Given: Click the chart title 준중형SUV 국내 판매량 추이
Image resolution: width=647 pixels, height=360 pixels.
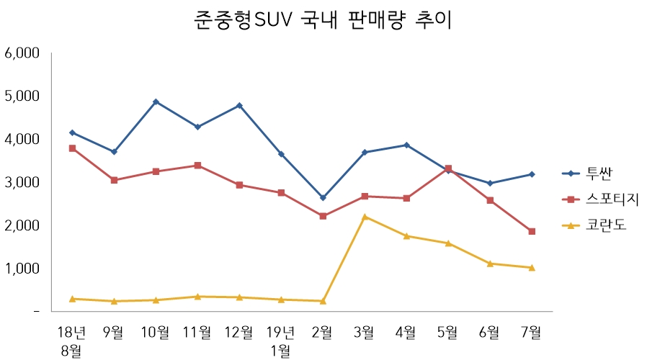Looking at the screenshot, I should click(x=323, y=19).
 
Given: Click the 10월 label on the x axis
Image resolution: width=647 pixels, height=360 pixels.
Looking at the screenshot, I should click(x=156, y=332).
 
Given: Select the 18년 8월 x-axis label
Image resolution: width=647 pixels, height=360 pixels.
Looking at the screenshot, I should click(x=72, y=341).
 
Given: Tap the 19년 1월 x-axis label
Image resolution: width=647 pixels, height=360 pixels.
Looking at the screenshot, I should click(x=281, y=341).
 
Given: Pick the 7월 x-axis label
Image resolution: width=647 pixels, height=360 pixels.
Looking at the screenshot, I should click(x=532, y=332).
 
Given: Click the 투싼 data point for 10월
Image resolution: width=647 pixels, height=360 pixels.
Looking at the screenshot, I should click(x=156, y=102).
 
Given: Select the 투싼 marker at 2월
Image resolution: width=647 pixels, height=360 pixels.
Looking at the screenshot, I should click(x=323, y=197).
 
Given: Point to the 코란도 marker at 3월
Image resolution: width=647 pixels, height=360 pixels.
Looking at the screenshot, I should click(x=365, y=217).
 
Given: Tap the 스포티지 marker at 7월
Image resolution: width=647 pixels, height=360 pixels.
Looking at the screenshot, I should click(x=532, y=231).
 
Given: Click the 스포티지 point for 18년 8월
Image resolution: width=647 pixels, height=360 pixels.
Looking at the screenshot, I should click(x=72, y=148).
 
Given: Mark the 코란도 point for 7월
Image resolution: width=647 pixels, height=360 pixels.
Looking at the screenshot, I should click(x=532, y=268).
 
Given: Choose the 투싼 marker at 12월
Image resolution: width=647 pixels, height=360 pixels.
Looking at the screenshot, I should click(x=239, y=106).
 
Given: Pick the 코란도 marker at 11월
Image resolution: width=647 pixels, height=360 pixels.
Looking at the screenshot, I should click(x=197, y=297).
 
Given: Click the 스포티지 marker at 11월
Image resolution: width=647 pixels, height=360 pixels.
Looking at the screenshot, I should click(x=197, y=166).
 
